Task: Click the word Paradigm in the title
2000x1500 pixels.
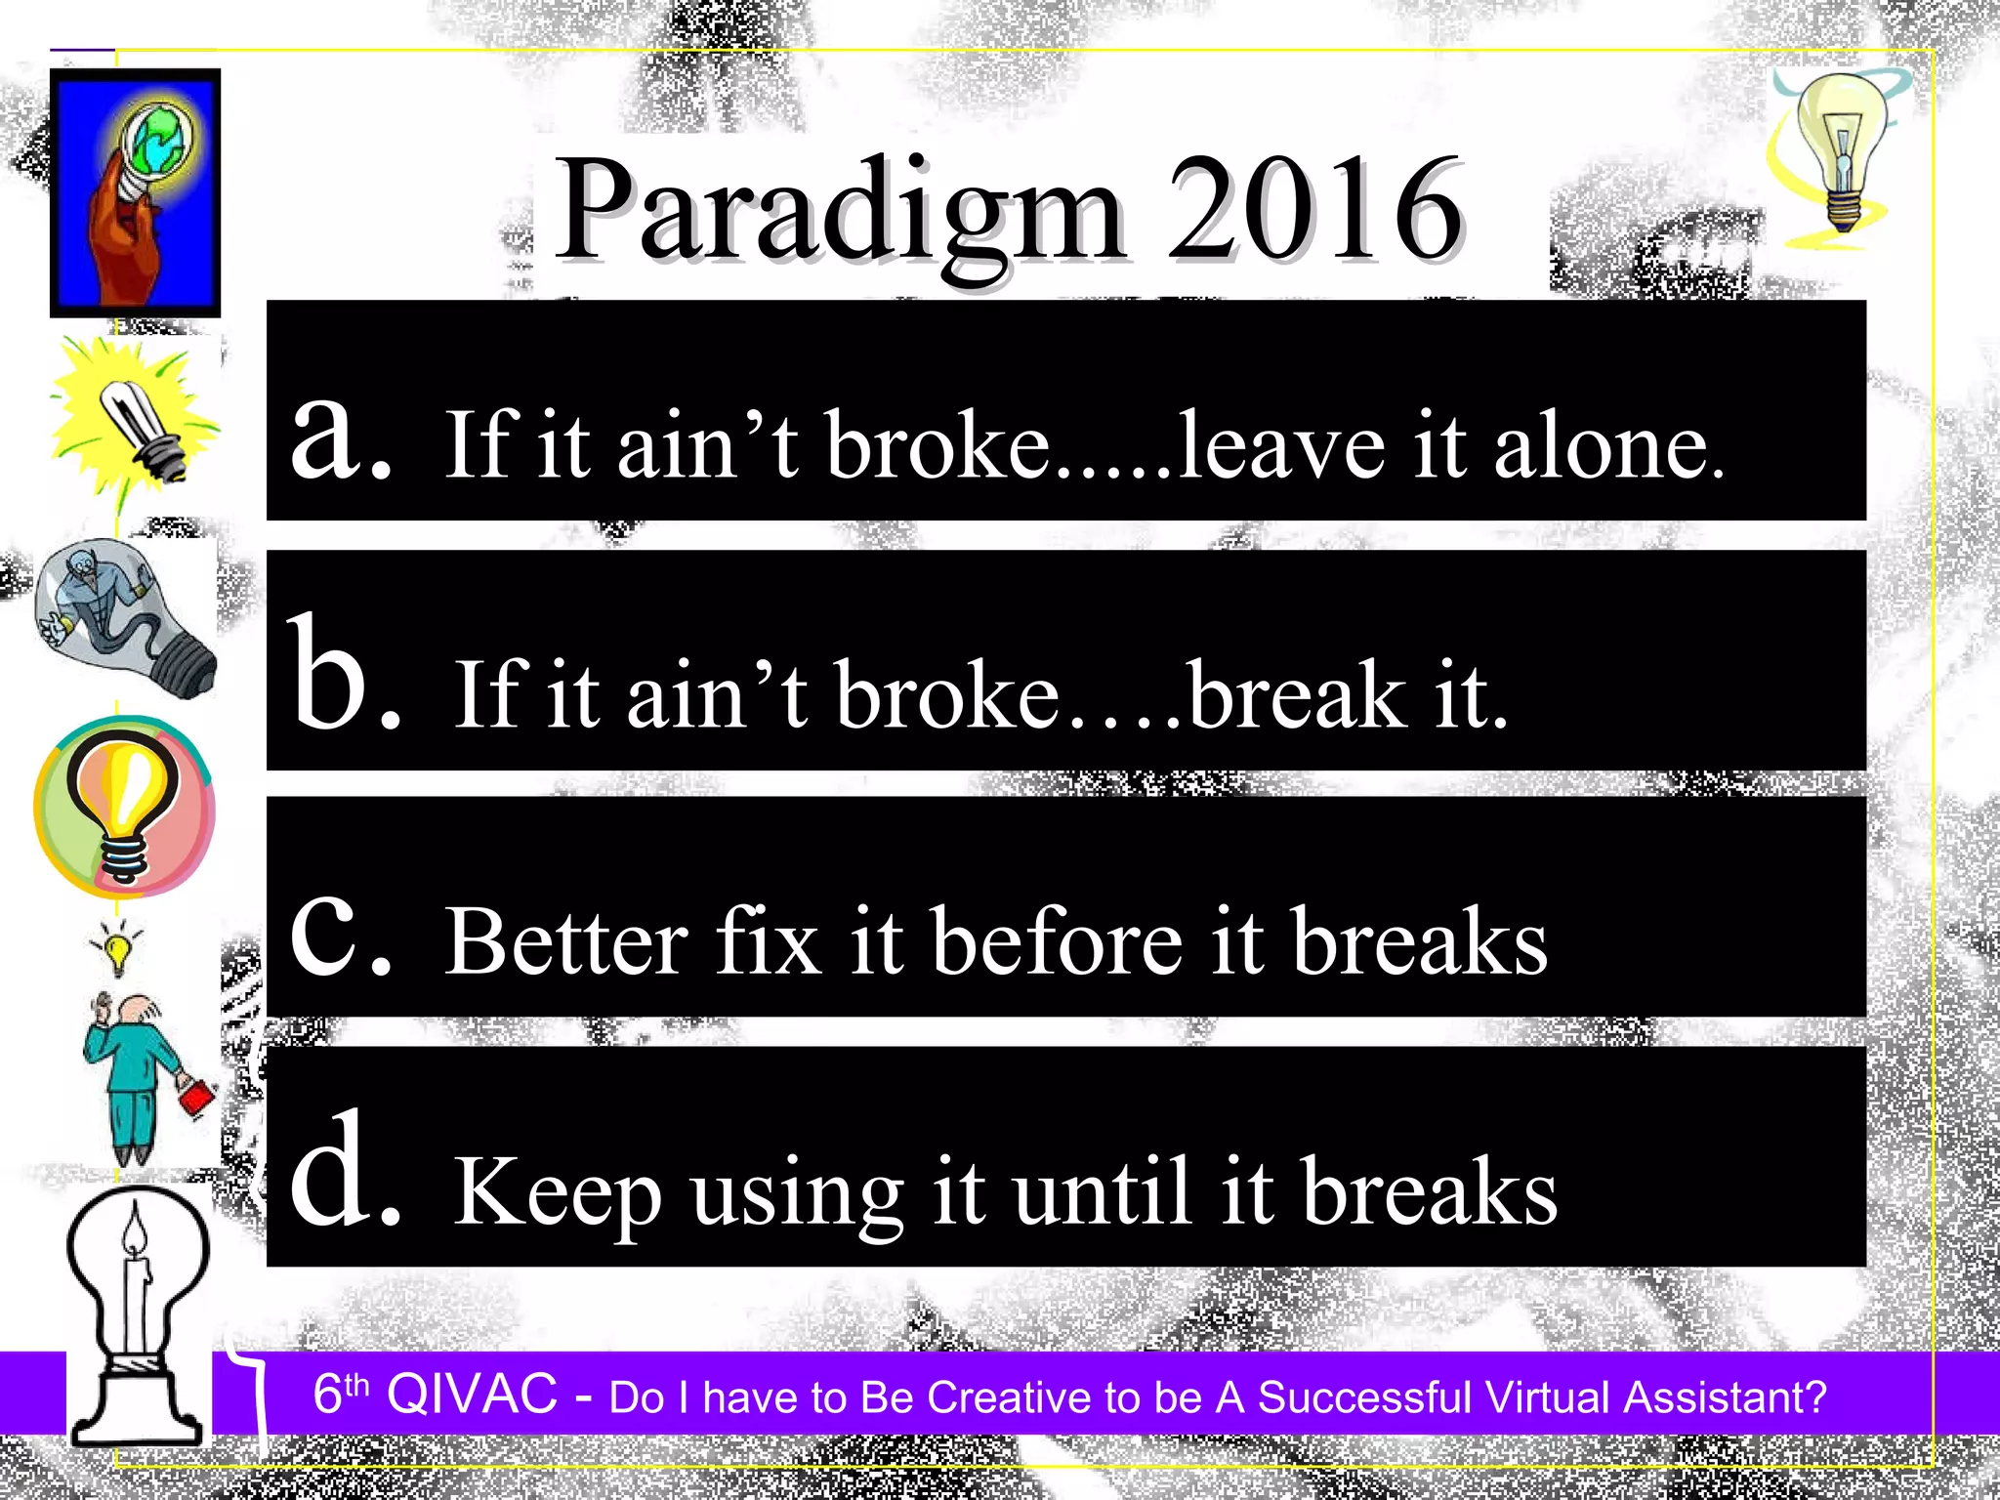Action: coord(840,213)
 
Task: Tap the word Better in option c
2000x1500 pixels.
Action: coord(566,941)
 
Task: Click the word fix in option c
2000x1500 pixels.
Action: coord(768,941)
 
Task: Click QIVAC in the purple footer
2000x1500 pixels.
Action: coord(472,1394)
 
